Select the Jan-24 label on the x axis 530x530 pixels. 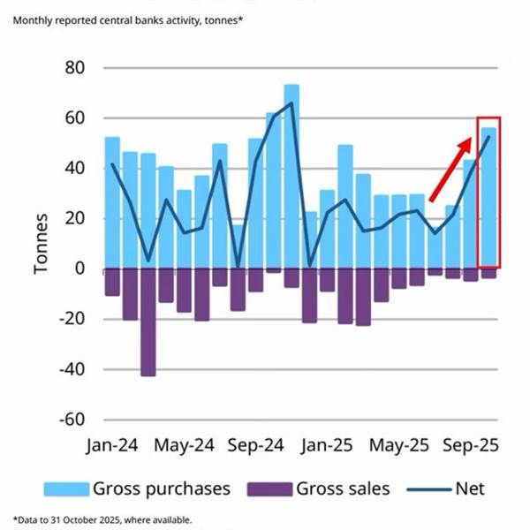pos(115,446)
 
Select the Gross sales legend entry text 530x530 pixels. pos(343,488)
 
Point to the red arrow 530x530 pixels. pos(452,169)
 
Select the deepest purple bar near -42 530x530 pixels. pos(148,322)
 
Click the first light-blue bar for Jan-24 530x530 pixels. pos(112,202)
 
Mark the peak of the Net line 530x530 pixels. pos(291,103)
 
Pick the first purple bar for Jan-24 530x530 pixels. pos(112,282)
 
